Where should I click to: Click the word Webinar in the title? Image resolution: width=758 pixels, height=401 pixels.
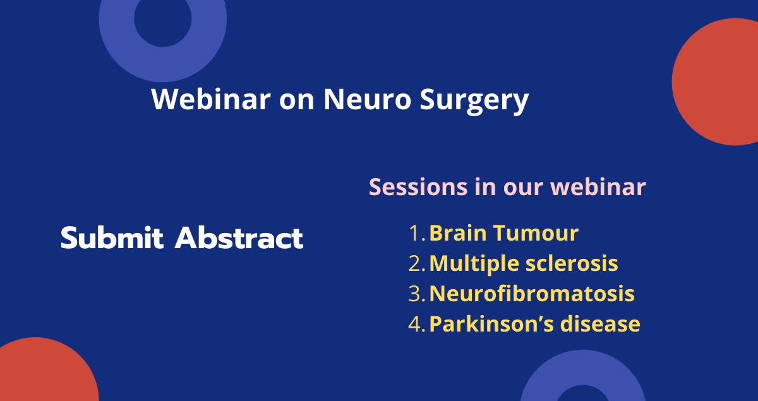coord(211,99)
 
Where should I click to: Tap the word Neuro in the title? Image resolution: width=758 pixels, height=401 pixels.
coord(367,99)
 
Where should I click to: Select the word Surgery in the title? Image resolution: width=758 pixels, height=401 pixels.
coord(474,102)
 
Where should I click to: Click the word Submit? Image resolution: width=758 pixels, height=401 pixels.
coord(112,238)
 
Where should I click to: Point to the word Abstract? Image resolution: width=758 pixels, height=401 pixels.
coord(239,238)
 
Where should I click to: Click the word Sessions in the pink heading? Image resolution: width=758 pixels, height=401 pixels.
coord(418,187)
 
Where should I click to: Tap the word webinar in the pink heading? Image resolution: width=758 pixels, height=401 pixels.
coord(598,187)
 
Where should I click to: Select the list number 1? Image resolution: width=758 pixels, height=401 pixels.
coord(417,233)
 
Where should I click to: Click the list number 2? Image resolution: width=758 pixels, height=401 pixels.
coord(417,263)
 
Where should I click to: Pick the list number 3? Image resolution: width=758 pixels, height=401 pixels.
coord(417,294)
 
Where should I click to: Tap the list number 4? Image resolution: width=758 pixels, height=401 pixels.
coord(417,324)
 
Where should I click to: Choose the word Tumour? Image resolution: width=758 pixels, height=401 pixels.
coord(536,233)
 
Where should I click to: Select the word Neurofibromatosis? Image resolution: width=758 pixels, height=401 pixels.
coord(532,294)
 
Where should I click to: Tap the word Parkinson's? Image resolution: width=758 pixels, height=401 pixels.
coord(491,324)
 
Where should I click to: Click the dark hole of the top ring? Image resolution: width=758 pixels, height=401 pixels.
coord(163,19)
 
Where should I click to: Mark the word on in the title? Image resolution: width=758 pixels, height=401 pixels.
coord(297,100)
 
